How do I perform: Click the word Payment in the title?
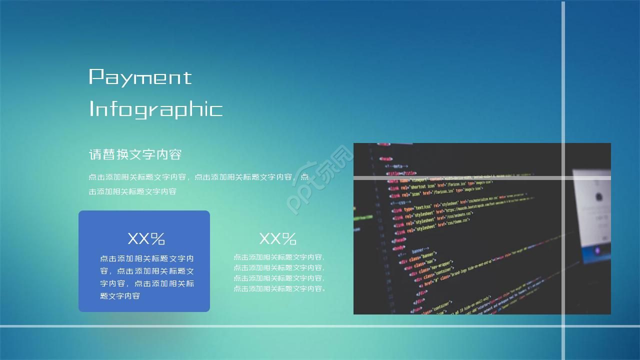140,77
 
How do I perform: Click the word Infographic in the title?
155,108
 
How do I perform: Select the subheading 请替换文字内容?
135,154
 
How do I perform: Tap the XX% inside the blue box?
146,238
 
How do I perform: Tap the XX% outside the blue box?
277,238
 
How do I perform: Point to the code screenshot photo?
465,250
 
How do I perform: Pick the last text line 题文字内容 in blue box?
120,296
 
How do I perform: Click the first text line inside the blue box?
147,259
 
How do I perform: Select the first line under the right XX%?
279,257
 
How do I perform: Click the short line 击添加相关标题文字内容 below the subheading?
132,191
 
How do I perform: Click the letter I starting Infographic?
91,108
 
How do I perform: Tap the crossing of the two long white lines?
563,326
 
